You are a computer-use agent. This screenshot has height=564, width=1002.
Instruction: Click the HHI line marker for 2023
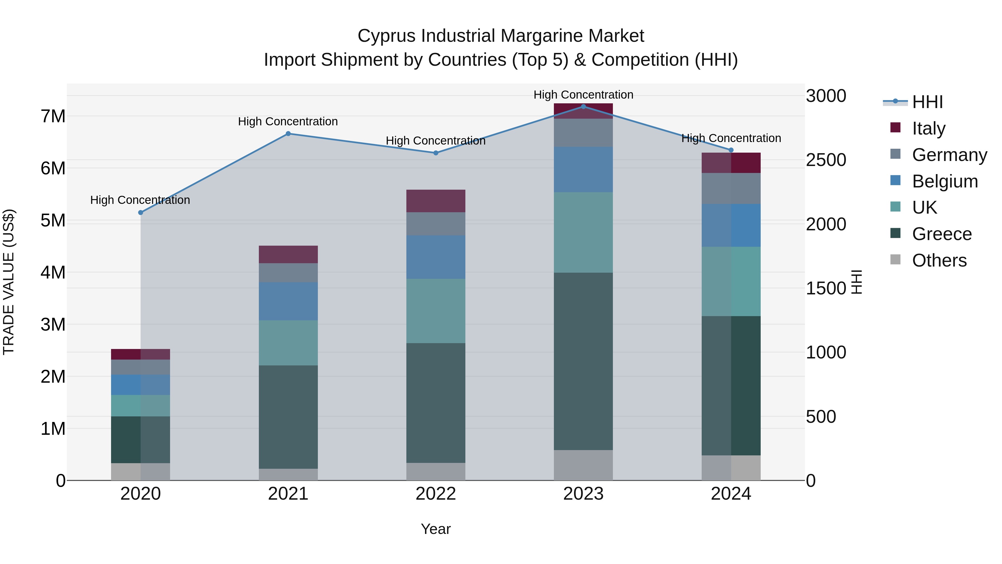(583, 106)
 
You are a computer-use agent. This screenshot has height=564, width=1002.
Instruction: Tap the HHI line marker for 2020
(141, 213)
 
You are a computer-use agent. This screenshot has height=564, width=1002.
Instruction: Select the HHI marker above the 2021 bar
(288, 133)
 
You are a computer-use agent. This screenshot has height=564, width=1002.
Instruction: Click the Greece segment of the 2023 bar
(583, 361)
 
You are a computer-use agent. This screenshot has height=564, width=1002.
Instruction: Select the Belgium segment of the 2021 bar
(288, 301)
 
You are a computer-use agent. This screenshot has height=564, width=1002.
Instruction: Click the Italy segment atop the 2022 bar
(436, 201)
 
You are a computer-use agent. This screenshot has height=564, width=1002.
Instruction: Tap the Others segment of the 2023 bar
(583, 465)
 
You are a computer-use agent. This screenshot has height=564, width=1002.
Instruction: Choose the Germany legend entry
(949, 155)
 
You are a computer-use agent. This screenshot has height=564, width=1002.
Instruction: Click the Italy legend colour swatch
(895, 128)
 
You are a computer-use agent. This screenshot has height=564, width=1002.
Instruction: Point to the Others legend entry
(939, 260)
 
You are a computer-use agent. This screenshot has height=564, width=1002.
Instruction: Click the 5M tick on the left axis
(53, 220)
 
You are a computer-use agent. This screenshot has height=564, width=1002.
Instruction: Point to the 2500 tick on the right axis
(826, 160)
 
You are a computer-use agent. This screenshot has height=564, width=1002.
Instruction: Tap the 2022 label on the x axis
(436, 494)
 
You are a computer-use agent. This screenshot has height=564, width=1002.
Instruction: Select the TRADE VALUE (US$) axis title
(9, 282)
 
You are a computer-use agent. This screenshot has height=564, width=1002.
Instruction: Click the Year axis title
(436, 529)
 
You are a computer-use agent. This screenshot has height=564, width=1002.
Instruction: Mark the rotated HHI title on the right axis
(857, 282)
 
